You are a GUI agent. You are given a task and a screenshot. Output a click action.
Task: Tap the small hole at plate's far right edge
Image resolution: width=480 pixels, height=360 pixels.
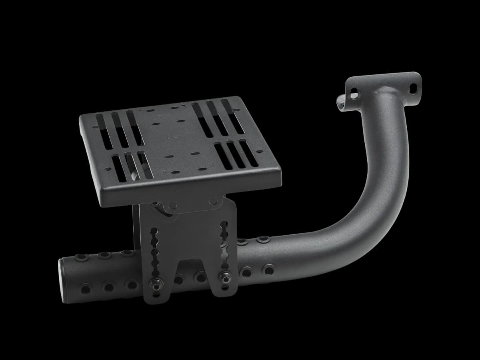point(260,152)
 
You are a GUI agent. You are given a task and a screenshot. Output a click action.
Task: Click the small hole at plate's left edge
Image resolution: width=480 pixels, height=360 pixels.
point(94,127)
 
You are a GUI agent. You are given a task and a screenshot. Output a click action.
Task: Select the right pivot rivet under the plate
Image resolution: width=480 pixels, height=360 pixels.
point(214,200)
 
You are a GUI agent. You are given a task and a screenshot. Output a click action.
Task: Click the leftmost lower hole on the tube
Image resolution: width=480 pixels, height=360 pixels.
point(85,288)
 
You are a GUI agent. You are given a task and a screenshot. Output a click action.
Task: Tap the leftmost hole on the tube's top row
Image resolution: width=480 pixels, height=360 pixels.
point(82,256)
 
